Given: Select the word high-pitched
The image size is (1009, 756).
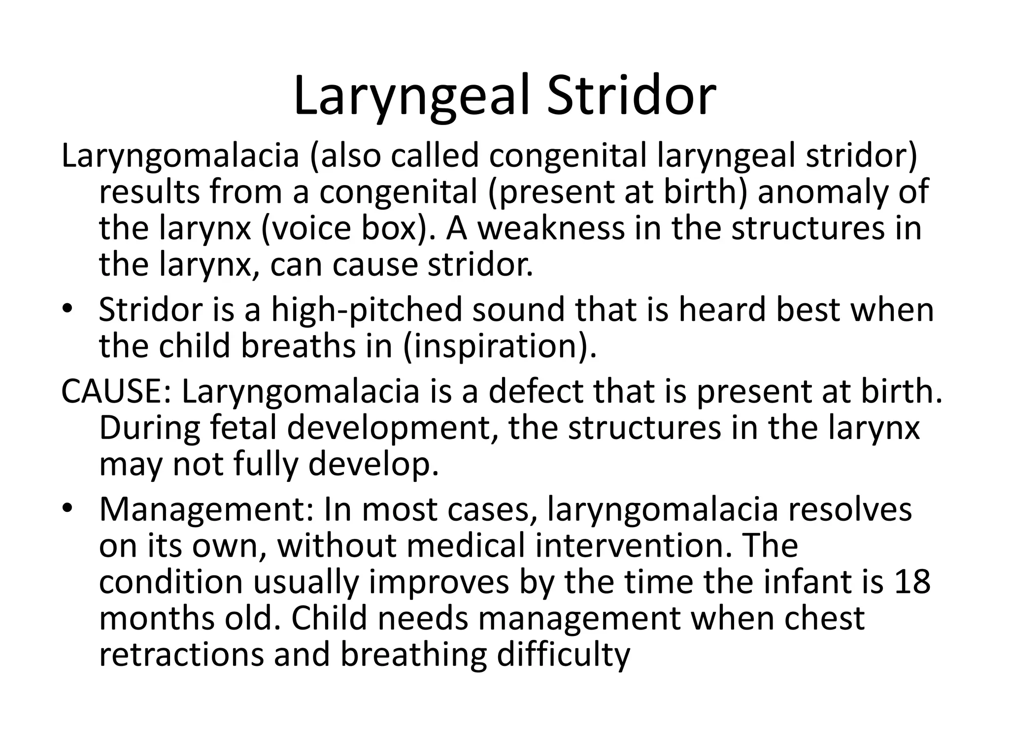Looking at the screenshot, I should (367, 310).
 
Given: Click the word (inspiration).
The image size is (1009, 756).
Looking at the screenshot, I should (500, 346).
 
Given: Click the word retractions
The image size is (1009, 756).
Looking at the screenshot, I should (181, 655).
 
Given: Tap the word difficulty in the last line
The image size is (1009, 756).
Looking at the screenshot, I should (563, 655).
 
